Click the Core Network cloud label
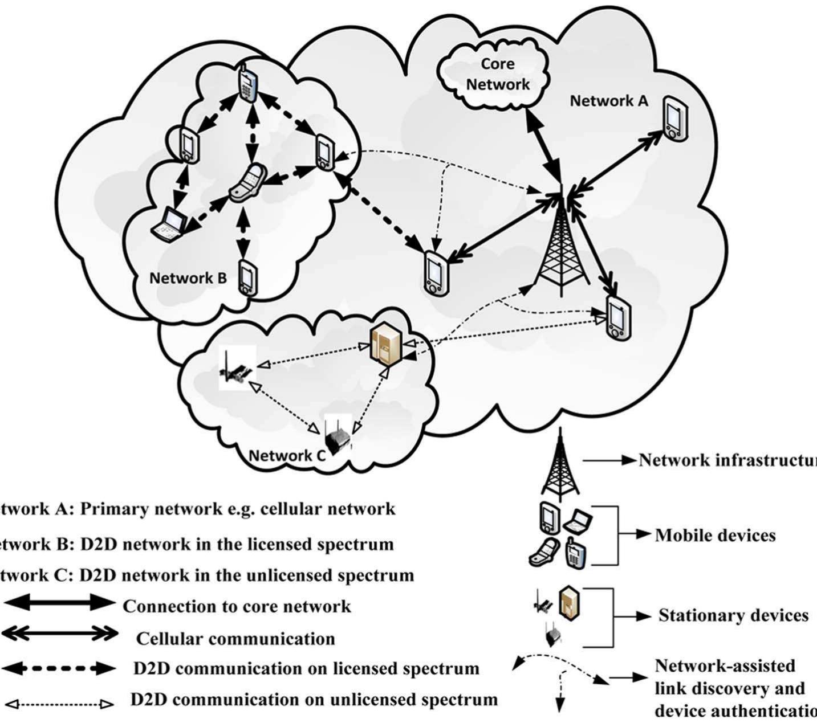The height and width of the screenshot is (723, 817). [497, 74]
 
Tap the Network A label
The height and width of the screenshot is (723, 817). [609, 101]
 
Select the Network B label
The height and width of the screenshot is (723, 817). [188, 278]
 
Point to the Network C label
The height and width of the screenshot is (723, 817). [287, 455]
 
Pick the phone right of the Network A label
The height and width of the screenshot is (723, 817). [675, 120]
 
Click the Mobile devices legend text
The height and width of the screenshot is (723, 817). [715, 536]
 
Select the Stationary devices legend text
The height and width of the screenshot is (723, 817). [733, 615]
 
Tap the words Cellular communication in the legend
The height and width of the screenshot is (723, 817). [235, 639]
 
